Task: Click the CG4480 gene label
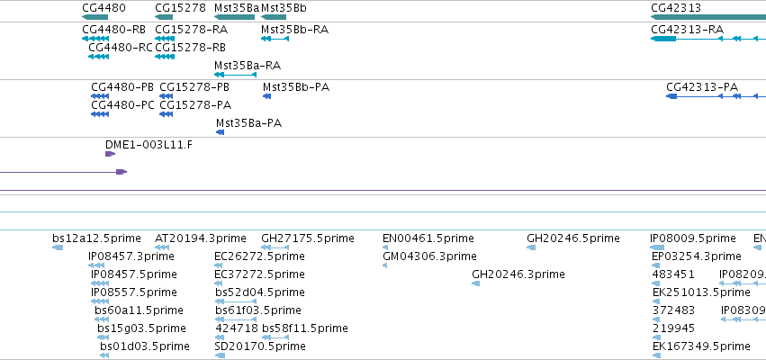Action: tap(104, 8)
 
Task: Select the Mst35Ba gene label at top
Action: tap(237, 8)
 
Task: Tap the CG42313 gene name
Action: tap(676, 8)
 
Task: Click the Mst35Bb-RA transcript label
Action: tap(294, 30)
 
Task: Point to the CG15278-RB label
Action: tap(190, 48)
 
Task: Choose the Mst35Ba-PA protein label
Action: tap(248, 123)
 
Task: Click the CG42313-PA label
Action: tap(702, 87)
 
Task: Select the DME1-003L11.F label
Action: tap(149, 145)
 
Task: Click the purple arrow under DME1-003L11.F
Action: tap(111, 154)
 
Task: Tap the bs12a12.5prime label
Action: tap(96, 238)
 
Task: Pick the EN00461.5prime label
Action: tap(428, 238)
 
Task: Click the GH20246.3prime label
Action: tap(518, 274)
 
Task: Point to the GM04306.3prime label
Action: tap(429, 256)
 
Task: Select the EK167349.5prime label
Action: tap(701, 346)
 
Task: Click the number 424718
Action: tap(237, 328)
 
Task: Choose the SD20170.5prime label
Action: tap(260, 346)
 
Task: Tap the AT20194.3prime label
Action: tap(201, 238)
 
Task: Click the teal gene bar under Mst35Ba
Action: tap(235, 17)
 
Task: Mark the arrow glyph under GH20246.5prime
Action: tap(531, 247)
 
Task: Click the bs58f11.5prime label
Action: tap(305, 328)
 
